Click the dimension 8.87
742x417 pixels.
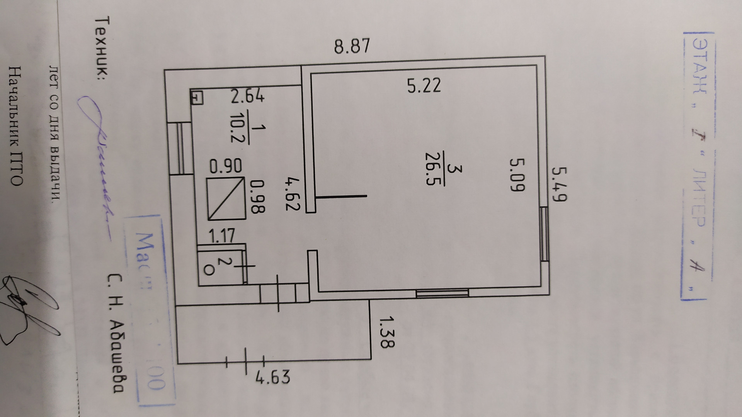coord(352,46)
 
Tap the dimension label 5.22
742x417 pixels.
coord(424,86)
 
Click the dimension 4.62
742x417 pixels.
coord(293,193)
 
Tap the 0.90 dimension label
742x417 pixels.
coord(226,166)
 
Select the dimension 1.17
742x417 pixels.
coord(222,236)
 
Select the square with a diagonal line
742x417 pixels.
coord(226,198)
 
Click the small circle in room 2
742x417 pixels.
coord(208,270)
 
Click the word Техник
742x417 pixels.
coord(103,48)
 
